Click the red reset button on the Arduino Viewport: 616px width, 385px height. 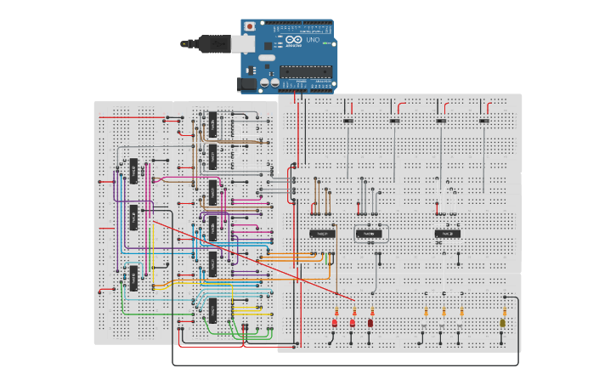[249, 27]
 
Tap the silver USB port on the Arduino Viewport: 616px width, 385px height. [244, 43]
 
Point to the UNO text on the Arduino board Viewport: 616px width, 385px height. [312, 40]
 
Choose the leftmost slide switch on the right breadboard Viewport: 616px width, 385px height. [348, 121]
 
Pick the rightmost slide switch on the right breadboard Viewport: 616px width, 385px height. [484, 121]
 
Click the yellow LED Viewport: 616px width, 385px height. [504, 324]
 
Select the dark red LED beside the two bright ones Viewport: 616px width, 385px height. [370, 323]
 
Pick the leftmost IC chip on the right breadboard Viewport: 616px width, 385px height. [323, 232]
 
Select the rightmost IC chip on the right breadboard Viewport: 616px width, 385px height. [448, 232]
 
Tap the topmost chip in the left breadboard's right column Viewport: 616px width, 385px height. [212, 124]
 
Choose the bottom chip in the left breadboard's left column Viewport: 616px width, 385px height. [133, 277]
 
